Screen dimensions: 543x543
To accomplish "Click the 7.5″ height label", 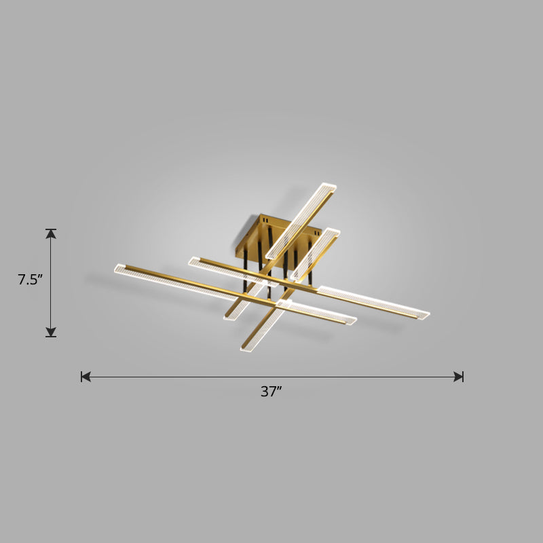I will [31, 279].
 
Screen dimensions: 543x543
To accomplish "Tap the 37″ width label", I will [271, 392].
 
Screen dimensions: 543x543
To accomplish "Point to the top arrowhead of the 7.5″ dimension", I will [51, 235].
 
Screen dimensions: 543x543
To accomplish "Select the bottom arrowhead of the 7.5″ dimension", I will [51, 331].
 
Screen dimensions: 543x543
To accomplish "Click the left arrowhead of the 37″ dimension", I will [86, 376].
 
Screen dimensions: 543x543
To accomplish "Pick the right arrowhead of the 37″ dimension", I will [458, 376].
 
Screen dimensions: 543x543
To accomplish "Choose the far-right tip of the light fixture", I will [427, 315].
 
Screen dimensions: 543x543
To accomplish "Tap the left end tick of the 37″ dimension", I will [81, 376].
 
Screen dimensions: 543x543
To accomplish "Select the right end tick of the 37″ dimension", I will [463, 376].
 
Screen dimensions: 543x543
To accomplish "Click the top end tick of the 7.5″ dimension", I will [51, 229].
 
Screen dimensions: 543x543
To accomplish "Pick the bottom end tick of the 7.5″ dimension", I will [51, 337].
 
